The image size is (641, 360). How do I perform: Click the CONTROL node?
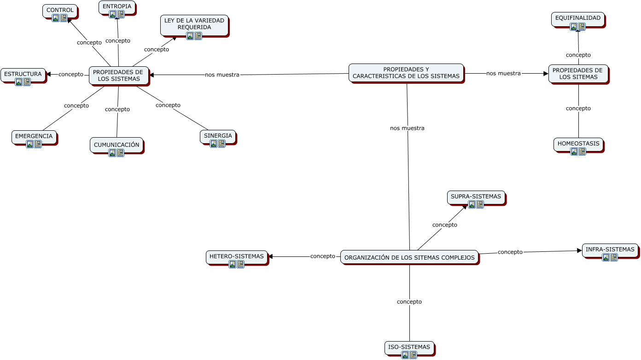(60, 10)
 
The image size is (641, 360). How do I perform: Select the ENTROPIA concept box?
(117, 6)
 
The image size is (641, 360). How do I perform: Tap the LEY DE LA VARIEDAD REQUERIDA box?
(194, 23)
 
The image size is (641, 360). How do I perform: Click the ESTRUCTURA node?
(23, 74)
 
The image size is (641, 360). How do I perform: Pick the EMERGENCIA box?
(34, 136)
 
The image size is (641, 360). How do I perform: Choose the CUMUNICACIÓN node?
(117, 145)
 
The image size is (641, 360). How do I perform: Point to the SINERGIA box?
(218, 136)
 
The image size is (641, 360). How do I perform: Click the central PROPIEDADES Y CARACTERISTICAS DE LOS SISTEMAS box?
(406, 73)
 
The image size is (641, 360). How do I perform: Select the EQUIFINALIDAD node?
(577, 18)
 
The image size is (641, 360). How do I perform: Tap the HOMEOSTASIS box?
(578, 144)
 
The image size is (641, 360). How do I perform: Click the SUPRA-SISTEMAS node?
(476, 197)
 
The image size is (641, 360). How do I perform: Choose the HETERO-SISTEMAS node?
(236, 256)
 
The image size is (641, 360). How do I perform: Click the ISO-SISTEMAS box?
(409, 347)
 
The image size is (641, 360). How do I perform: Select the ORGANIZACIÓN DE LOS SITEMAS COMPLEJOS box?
(409, 257)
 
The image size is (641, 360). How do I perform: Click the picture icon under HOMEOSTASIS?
(574, 151)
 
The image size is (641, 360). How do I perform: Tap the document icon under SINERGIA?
(221, 144)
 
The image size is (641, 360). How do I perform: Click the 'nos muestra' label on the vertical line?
(407, 128)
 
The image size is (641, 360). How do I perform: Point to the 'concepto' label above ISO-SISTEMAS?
(409, 302)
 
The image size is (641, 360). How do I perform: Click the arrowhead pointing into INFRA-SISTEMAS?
(580, 251)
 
